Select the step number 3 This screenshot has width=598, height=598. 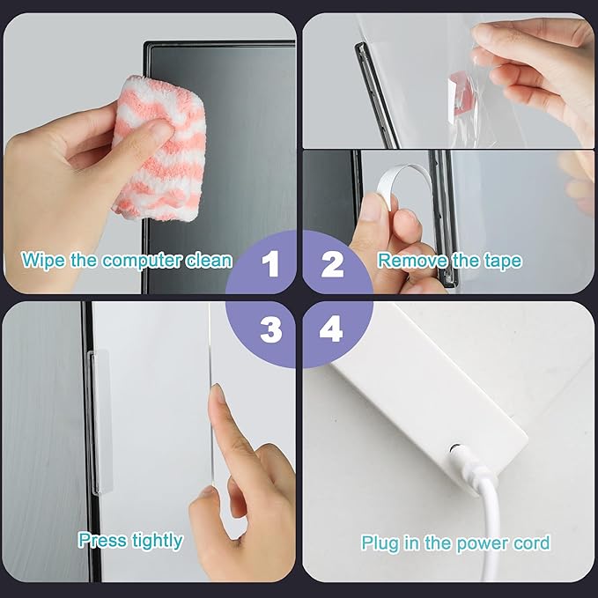(271, 329)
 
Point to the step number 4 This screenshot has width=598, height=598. (331, 329)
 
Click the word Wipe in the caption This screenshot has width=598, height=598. (41, 261)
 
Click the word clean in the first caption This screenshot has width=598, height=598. (209, 261)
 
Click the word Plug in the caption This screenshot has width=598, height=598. (380, 543)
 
